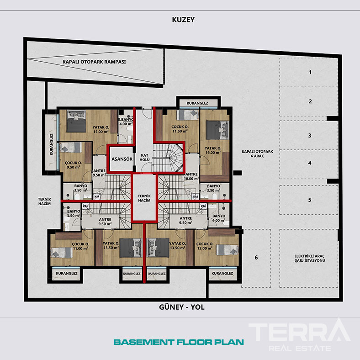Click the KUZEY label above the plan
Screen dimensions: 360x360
point(183,20)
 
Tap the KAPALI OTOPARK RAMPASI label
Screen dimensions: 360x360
point(94,62)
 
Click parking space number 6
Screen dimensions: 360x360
point(256,258)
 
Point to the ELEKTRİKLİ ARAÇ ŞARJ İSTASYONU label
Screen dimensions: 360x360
point(310,258)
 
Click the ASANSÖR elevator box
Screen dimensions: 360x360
point(122,159)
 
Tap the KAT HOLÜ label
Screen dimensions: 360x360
point(145,158)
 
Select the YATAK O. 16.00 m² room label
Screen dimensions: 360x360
point(213,150)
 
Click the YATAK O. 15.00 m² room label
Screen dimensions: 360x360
point(101,129)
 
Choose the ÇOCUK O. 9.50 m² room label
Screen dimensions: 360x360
point(73,165)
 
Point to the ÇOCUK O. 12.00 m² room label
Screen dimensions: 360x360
point(205,246)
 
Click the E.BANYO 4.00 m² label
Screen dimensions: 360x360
point(126,122)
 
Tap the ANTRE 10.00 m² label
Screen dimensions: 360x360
point(192,176)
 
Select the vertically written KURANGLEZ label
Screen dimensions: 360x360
point(52,144)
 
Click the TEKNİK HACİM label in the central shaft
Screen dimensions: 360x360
point(144,198)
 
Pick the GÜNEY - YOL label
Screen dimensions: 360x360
point(182,307)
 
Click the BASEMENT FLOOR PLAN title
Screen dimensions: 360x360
point(179,342)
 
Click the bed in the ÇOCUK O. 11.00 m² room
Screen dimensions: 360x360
point(62,252)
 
